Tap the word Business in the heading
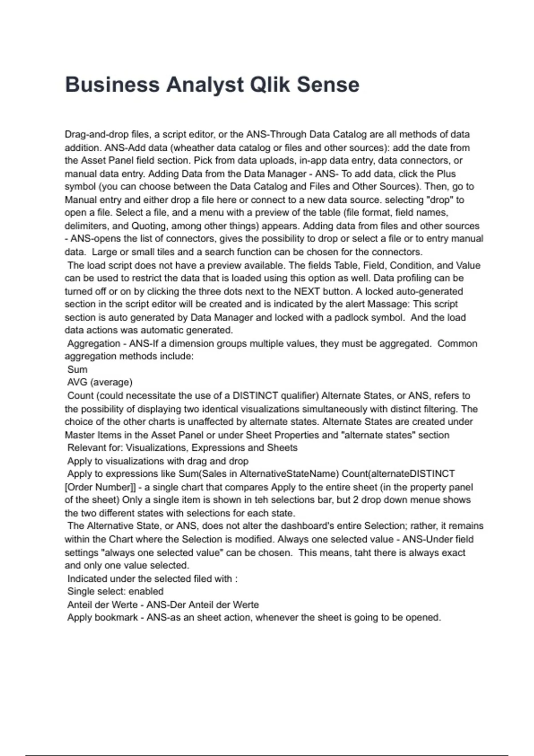tap(112, 84)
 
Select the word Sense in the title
tap(328, 84)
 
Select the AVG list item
tap(77, 382)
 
